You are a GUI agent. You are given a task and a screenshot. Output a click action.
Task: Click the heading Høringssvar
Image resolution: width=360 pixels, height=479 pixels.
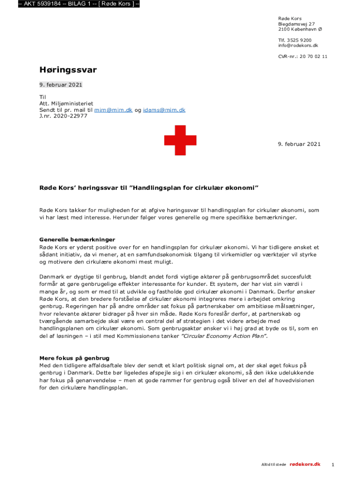coord(68,70)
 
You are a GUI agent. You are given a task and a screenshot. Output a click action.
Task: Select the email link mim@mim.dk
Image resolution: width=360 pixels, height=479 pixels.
coord(114,110)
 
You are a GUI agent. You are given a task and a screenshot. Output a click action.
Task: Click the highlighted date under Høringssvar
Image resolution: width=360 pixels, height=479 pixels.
coord(61,85)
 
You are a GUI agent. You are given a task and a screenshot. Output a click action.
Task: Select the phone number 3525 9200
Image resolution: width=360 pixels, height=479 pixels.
coord(299,40)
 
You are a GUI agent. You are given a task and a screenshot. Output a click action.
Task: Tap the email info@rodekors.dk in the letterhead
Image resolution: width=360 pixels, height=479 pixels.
coord(298,45)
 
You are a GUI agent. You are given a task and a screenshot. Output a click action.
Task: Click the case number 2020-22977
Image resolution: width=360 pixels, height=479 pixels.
coord(70,116)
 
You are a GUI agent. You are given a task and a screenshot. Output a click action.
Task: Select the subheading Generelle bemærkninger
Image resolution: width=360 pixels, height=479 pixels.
coord(77,239)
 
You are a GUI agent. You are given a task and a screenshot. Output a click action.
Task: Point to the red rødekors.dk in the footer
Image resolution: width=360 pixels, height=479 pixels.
coord(305,464)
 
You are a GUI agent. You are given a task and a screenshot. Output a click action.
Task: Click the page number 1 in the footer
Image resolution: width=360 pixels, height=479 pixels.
coord(332,464)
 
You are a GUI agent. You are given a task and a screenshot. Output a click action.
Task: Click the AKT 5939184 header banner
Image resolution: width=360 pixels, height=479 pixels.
coord(79,4)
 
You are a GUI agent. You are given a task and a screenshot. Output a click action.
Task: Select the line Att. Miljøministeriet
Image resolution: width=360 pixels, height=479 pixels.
coord(66,104)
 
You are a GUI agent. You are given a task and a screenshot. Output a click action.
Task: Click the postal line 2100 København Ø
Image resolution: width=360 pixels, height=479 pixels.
coord(300,29)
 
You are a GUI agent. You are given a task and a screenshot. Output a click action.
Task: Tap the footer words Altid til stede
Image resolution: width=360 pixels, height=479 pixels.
coord(274,464)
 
